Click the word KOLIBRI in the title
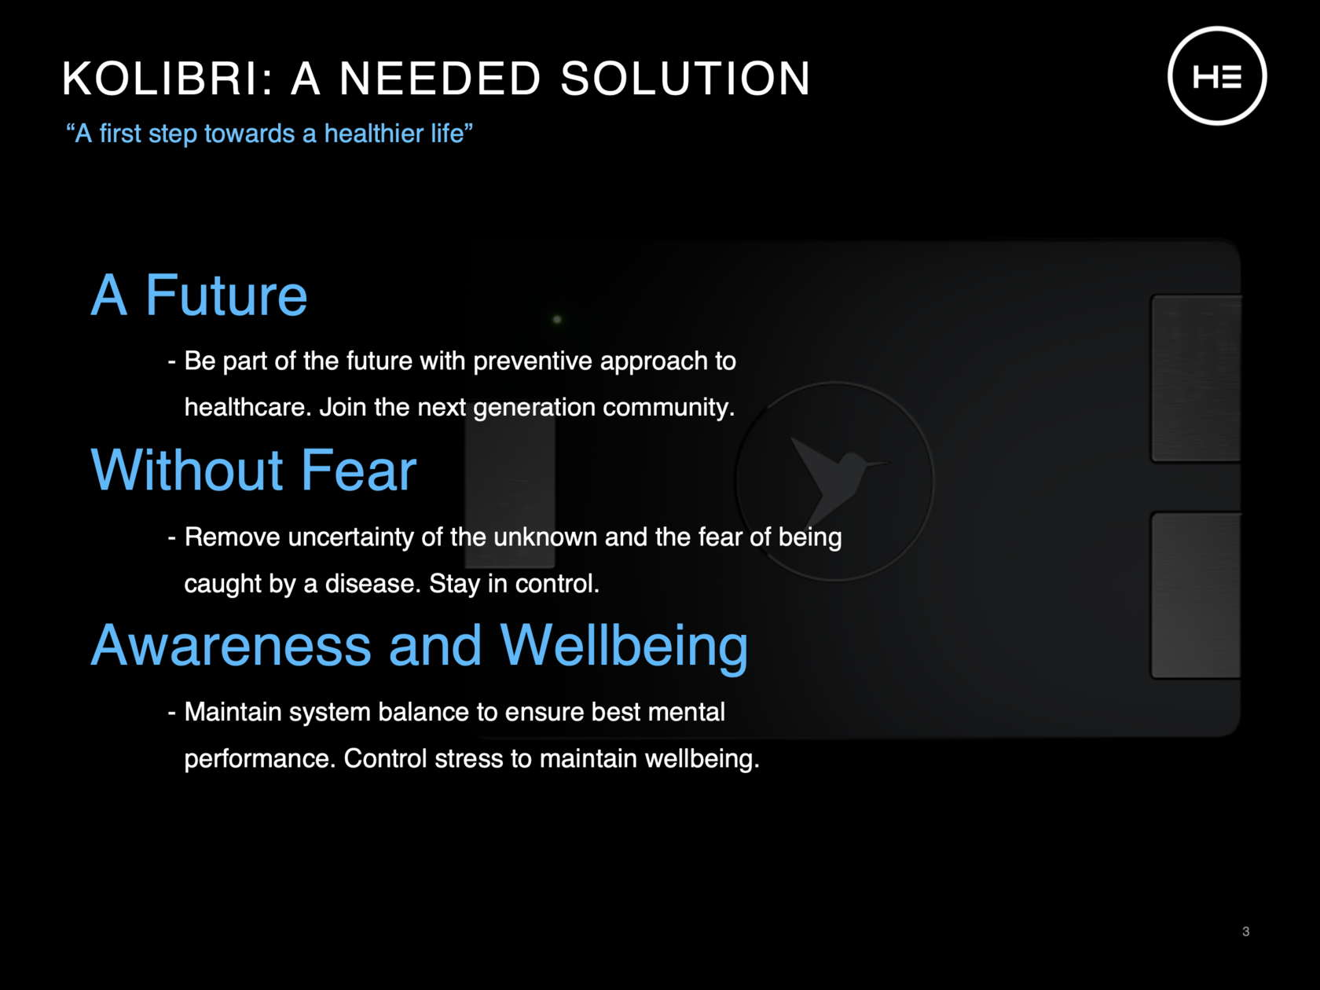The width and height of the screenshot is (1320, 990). click(160, 78)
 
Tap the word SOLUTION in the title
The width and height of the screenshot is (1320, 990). click(686, 78)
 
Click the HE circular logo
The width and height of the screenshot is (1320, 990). click(1217, 75)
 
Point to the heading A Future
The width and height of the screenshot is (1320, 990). click(199, 295)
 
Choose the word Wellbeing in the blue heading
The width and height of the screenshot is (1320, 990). click(624, 646)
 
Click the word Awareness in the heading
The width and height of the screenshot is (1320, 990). click(232, 645)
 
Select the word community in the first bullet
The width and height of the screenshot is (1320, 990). click(669, 408)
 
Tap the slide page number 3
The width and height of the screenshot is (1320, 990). click(1245, 931)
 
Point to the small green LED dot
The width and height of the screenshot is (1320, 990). click(557, 319)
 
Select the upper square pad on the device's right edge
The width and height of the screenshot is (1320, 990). click(1196, 378)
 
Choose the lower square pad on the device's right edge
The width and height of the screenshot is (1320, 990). click(1196, 595)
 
